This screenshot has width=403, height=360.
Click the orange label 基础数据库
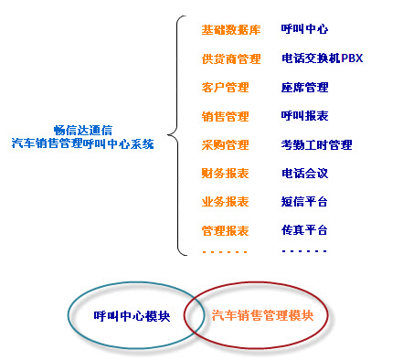pos(231,30)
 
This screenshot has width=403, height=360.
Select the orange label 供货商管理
pos(231,59)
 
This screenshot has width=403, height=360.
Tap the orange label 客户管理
pos(225,88)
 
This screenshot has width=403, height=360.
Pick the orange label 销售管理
pos(225,116)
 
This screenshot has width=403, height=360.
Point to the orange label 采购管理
pos(225,144)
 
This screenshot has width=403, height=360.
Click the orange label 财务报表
pos(225,173)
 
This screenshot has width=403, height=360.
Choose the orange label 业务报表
pos(225,201)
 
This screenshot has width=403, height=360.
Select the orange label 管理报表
pos(225,229)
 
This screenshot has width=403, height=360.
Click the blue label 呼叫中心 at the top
pos(305,30)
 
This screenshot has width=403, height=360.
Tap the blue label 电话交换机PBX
pos(323,59)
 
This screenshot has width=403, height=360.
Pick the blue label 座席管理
pos(305,88)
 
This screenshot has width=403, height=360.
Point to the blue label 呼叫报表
pos(305,116)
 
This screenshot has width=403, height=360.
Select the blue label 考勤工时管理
pos(317,144)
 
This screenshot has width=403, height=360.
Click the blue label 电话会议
pos(305,173)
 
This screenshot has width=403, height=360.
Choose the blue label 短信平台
pos(305,201)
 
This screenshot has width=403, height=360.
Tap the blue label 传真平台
pos(305,229)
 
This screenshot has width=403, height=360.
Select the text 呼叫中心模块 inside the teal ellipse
pos(132,316)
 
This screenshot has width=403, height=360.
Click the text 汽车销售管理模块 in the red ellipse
pos(262,316)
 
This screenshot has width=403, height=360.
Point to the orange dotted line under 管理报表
pos(225,250)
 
